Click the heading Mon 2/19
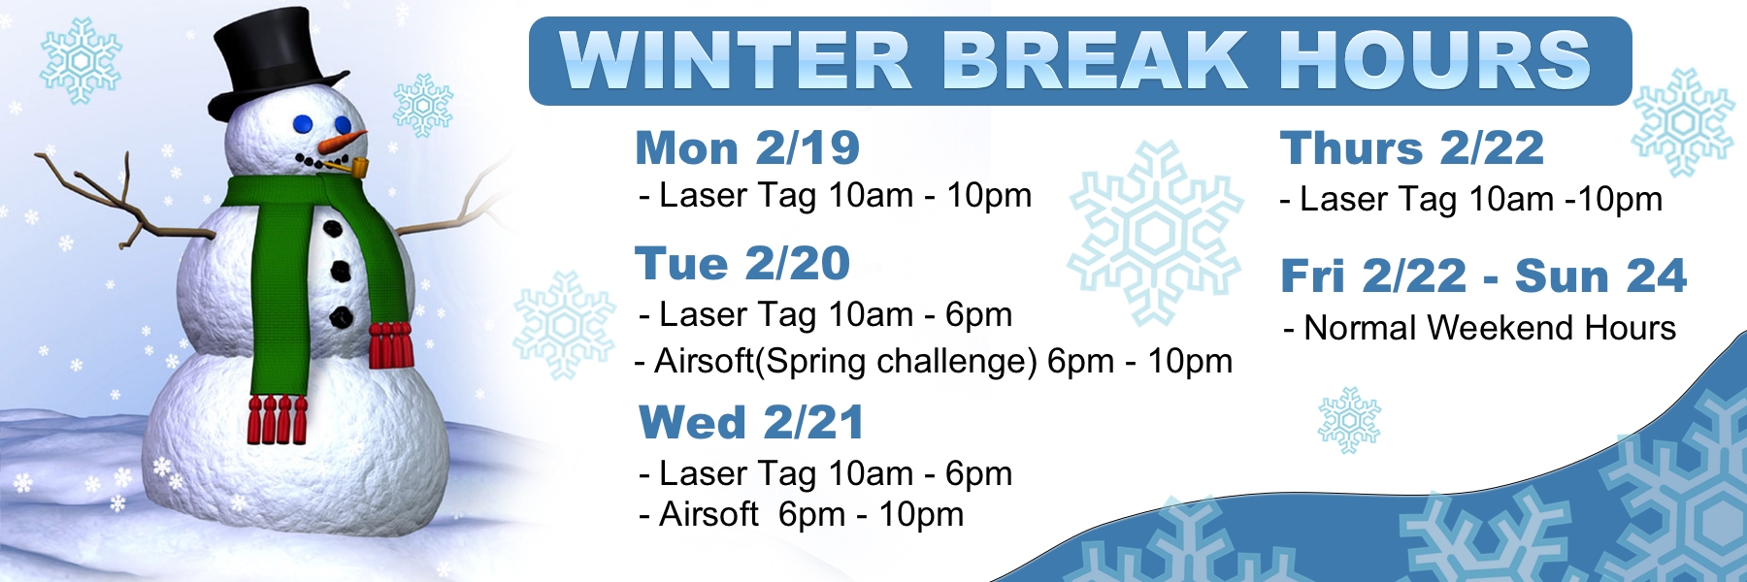[747, 148]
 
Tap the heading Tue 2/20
[742, 264]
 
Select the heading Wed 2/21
[750, 423]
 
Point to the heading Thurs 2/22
[1411, 148]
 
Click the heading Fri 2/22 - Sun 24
[1483, 276]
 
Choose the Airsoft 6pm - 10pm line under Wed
[802, 514]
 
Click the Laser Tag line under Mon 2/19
[836, 196]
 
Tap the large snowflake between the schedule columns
[1155, 233]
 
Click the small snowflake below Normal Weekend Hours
[1348, 420]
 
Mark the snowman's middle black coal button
[340, 271]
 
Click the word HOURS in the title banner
[1434, 61]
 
